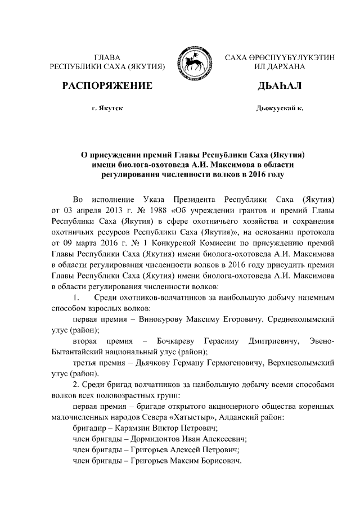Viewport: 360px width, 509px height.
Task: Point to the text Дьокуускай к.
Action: [279, 107]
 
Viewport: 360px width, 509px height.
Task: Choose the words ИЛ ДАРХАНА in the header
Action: [280, 66]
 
